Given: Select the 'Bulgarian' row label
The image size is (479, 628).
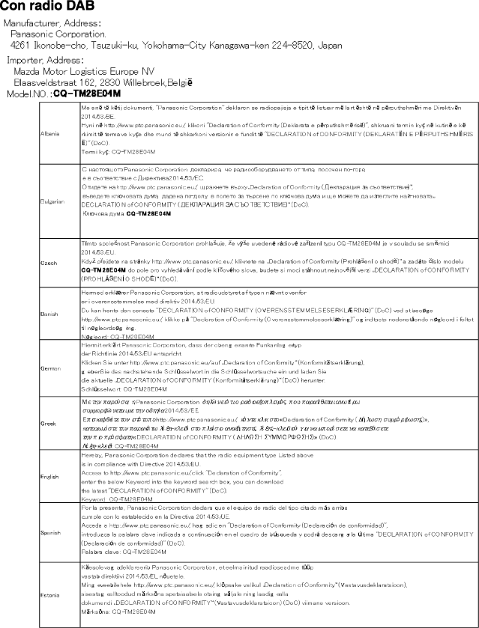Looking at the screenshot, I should pyautogui.click(x=50, y=201).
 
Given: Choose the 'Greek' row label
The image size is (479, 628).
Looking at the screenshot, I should pyautogui.click(x=46, y=424).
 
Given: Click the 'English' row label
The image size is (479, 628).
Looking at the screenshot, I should pyautogui.click(x=49, y=475).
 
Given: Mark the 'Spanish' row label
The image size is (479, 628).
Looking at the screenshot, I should pyautogui.click(x=49, y=532).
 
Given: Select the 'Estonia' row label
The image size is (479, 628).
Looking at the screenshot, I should pyautogui.click(x=49, y=595).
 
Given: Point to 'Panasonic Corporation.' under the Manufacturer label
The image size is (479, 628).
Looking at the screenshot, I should pyautogui.click(x=58, y=34).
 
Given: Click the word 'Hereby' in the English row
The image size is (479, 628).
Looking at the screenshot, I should pyautogui.click(x=90, y=454).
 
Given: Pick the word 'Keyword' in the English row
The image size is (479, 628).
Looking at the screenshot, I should pyautogui.click(x=92, y=498).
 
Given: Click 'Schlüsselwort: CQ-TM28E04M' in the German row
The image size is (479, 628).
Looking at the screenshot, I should pyautogui.click(x=118, y=390).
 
